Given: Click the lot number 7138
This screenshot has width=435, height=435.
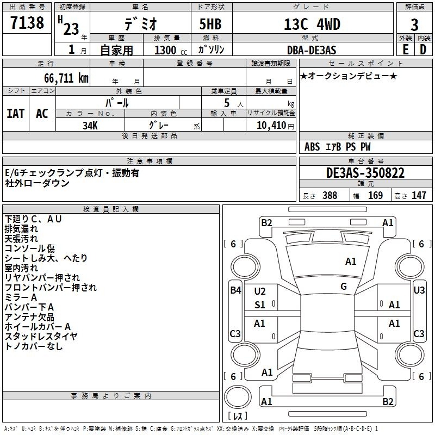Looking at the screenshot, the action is pyautogui.click(x=27, y=23).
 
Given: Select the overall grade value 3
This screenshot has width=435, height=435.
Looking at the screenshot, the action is pyautogui.click(x=414, y=25).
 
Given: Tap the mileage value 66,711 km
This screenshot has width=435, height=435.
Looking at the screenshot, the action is pyautogui.click(x=66, y=78).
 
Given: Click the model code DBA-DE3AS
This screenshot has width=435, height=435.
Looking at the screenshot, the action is pyautogui.click(x=312, y=50).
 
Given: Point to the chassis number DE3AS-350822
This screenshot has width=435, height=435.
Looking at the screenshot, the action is pyautogui.click(x=365, y=173).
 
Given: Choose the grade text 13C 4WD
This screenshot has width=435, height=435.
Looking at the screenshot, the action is pyautogui.click(x=312, y=24).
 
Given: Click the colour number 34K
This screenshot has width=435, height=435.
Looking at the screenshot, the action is pyautogui.click(x=90, y=126).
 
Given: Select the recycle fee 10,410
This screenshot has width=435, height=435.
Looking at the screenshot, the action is pyautogui.click(x=271, y=126).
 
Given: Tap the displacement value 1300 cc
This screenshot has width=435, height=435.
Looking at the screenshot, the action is pyautogui.click(x=171, y=50).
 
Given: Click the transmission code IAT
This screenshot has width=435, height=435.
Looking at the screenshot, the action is pyautogui.click(x=16, y=114).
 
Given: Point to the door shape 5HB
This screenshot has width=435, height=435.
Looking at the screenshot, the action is pyautogui.click(x=210, y=24).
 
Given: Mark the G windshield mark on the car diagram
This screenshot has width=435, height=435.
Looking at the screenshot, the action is pyautogui.click(x=344, y=287).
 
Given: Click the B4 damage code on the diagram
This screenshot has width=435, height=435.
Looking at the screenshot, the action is pyautogui.click(x=235, y=290).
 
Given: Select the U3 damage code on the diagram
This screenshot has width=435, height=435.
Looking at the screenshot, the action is pyautogui.click(x=419, y=290).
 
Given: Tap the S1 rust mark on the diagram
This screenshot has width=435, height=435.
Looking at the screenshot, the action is pyautogui.click(x=260, y=305).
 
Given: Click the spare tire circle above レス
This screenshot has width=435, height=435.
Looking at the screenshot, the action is pyautogui.click(x=238, y=396).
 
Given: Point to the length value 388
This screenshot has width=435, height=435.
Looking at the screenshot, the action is pyautogui.click(x=330, y=195).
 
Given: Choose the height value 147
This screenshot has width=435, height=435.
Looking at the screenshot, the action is pyautogui.click(x=419, y=195).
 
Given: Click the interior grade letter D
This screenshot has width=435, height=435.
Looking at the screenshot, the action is pyautogui.click(x=423, y=49).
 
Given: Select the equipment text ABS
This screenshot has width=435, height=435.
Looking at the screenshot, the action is pyautogui.click(x=312, y=147).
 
